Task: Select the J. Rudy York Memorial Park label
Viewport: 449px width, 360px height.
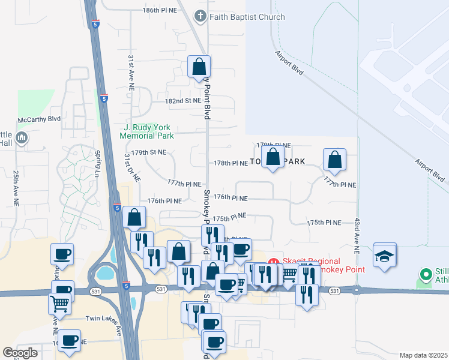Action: point(147,131)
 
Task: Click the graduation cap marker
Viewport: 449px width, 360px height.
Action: point(385,256)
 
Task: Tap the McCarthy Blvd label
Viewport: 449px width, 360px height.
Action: point(41,119)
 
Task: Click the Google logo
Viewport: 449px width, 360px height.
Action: point(20,353)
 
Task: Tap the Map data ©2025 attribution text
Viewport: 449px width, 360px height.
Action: point(423,355)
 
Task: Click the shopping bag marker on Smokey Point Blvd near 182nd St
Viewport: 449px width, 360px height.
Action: point(199,67)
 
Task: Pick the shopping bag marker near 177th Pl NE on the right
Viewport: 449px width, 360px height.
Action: point(334,160)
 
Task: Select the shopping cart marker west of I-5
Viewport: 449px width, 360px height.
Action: point(59,304)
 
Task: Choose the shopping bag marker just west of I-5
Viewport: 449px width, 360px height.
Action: point(134,217)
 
